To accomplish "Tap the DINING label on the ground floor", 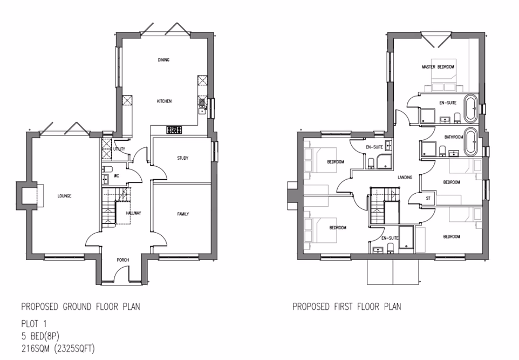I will (163, 60).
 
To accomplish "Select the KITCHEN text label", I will (164, 101).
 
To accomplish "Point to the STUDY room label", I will (182, 158).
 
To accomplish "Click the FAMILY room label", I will (183, 214).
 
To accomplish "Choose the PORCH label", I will (122, 260).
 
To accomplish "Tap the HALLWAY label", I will (133, 213).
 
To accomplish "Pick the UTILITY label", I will (119, 148).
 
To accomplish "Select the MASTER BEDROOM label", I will (438, 67).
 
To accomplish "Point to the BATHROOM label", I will (454, 137).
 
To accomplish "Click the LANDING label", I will (405, 177).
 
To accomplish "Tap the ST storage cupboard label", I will (428, 198).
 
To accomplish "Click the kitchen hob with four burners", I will (175, 130).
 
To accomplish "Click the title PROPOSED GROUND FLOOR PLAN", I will (80, 307).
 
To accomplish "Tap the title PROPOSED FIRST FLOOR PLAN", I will (347, 307).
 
